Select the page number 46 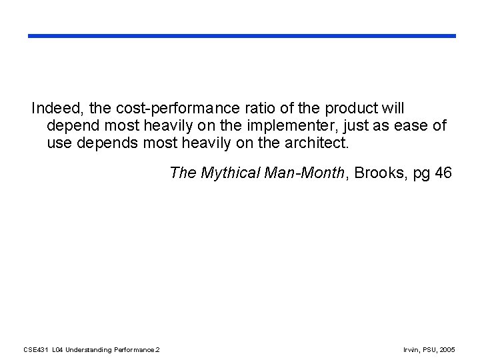coord(443,173)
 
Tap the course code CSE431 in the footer coord(35,349)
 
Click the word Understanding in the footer coord(90,349)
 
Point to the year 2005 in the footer coord(448,349)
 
